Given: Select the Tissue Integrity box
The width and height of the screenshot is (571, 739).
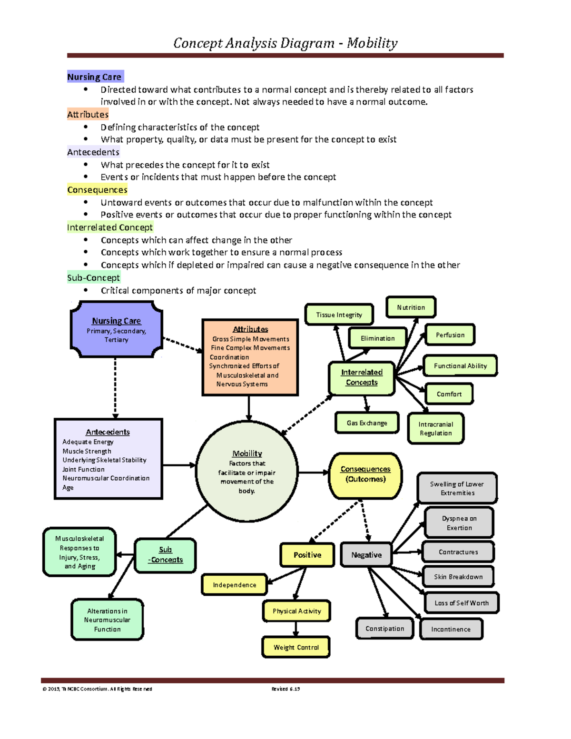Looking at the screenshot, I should pyautogui.click(x=339, y=315).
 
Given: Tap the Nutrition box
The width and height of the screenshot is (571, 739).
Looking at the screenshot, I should pyautogui.click(x=411, y=307).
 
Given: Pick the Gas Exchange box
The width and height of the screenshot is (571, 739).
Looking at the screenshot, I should pyautogui.click(x=367, y=423).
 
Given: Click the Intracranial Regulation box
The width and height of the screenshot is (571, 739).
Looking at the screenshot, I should pyautogui.click(x=435, y=428).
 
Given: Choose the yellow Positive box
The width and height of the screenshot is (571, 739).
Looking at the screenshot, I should pyautogui.click(x=307, y=555).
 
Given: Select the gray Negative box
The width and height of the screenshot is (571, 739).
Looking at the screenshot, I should pyautogui.click(x=366, y=555).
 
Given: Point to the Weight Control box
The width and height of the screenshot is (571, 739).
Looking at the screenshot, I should pyautogui.click(x=296, y=647).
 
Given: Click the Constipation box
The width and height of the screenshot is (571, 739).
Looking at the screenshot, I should pyautogui.click(x=384, y=629).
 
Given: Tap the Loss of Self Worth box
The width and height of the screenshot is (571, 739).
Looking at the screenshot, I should pyautogui.click(x=461, y=603).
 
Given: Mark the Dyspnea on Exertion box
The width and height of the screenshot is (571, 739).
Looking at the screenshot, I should pyautogui.click(x=459, y=523).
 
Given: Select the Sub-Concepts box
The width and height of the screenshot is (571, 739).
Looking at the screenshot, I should pyautogui.click(x=165, y=555).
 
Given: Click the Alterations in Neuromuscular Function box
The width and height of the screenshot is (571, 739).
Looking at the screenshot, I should pyautogui.click(x=107, y=620).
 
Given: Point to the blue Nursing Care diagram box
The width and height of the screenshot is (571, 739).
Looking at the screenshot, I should pyautogui.click(x=117, y=329).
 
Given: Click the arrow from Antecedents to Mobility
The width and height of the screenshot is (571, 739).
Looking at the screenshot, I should pyautogui.click(x=179, y=465).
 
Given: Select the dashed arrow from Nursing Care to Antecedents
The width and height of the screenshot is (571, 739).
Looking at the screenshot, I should pyautogui.click(x=115, y=388).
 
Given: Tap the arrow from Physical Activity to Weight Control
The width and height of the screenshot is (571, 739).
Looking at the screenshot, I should pyautogui.click(x=296, y=629).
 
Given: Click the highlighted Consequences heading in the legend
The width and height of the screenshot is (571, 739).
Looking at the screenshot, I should pyautogui.click(x=97, y=190).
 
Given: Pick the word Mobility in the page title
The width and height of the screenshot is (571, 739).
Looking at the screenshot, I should pyautogui.click(x=372, y=43).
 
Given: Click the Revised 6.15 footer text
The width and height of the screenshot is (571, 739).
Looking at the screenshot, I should pyautogui.click(x=285, y=689).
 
